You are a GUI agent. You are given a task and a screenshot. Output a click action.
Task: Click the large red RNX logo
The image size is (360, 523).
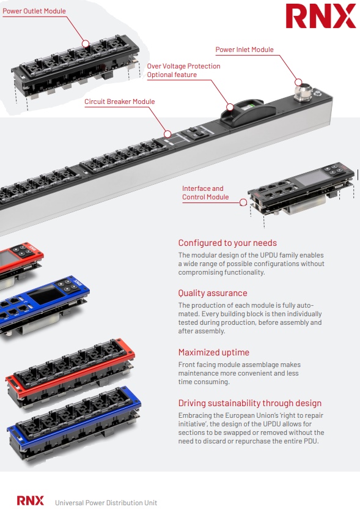(x=321, y=16)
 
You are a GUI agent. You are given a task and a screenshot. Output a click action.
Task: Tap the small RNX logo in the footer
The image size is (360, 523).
(x=31, y=500)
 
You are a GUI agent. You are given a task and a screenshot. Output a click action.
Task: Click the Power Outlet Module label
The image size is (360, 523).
(x=34, y=11)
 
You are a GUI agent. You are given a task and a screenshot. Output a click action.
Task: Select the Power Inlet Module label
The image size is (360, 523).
(x=244, y=50)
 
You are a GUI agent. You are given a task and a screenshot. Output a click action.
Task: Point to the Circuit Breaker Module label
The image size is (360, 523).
(x=120, y=102)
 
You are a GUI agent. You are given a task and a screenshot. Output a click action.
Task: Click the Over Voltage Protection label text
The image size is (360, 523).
(x=183, y=66)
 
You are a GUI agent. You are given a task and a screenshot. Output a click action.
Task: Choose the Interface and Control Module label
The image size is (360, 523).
(x=205, y=193)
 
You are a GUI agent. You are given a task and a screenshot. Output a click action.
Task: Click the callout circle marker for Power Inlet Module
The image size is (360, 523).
(x=298, y=82)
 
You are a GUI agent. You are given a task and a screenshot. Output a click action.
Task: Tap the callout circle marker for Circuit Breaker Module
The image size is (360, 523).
(x=167, y=134)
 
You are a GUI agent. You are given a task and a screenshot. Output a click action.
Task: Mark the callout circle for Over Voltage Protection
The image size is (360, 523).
(x=230, y=107)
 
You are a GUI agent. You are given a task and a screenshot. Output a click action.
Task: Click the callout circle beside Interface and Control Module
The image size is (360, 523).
(x=243, y=202)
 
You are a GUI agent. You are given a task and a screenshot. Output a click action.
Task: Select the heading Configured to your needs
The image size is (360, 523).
(x=227, y=243)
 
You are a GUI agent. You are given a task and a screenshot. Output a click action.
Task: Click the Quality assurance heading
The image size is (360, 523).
(x=213, y=293)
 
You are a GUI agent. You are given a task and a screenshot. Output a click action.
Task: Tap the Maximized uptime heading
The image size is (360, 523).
(x=214, y=352)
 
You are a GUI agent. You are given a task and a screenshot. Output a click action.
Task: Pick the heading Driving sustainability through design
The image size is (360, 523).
(x=250, y=403)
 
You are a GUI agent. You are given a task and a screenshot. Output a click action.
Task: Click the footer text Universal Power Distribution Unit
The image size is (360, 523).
(x=106, y=503)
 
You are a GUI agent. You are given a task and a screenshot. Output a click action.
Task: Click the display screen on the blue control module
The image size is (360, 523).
(x=45, y=295)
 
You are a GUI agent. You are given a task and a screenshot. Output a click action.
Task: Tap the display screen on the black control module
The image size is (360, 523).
(x=312, y=178)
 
